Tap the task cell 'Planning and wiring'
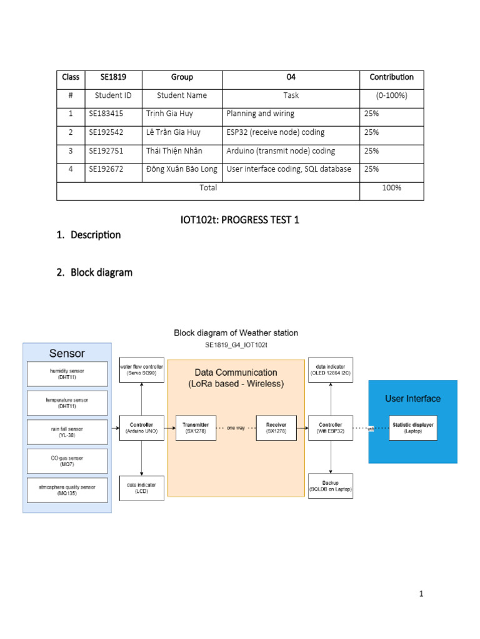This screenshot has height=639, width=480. pos(260,114)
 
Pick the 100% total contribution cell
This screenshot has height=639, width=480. pos(391,187)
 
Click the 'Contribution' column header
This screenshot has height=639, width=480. pos(391,77)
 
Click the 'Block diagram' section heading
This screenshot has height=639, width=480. pos(101,273)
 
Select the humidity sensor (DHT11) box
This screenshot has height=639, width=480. pos(67,374)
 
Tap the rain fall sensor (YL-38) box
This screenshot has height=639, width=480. pos(67,432)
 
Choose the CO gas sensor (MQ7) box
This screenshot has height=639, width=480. pos(67,461)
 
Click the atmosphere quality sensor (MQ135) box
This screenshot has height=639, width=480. pos(67,490)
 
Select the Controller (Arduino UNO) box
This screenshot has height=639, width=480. pos(142,427)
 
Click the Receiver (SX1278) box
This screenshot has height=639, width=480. pos(276,427)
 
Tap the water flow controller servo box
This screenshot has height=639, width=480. pos(142,369)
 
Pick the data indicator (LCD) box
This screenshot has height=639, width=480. pos(142,487)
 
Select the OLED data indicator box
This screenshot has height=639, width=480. pos(330,369)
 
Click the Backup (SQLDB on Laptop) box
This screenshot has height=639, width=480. pos(330,486)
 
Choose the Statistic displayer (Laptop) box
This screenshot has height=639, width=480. pos(413,427)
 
